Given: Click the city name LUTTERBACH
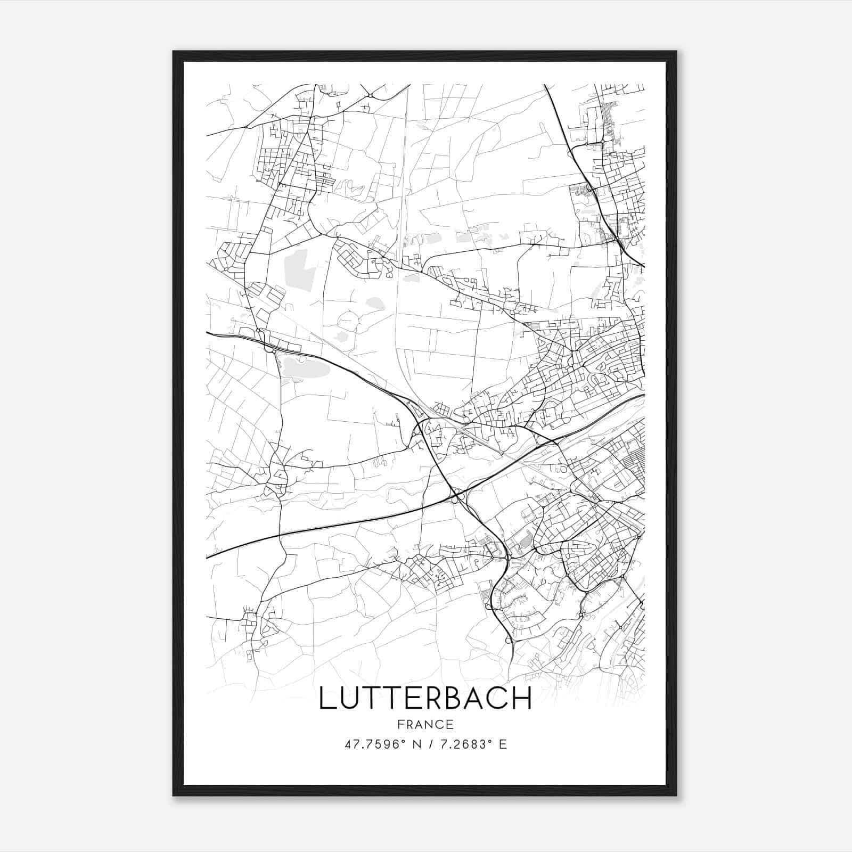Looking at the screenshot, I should coord(425,699).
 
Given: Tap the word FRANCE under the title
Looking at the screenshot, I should coord(425,725).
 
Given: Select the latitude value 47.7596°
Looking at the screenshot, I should coord(373,744).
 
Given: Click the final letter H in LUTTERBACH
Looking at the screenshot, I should coord(522,699).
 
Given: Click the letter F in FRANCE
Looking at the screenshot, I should coord(400,725).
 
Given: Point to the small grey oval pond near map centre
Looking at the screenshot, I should coord(375,304).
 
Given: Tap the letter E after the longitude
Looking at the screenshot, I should coord(502,744).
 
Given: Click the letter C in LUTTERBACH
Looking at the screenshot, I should coord(498,699).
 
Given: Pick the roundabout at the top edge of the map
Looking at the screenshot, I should coord(370,95).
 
